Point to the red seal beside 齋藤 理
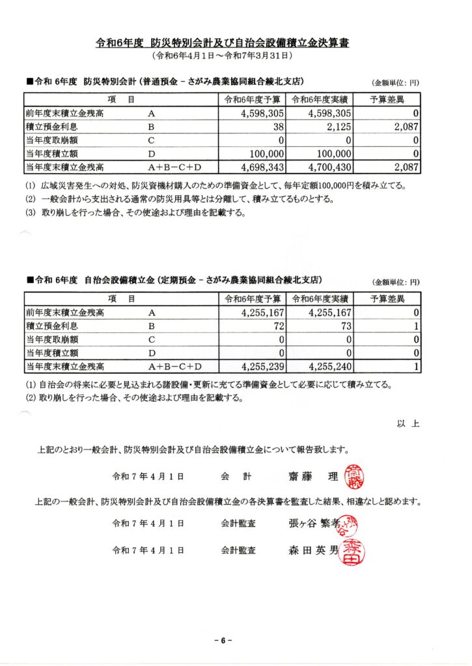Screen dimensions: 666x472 [x=354, y=477]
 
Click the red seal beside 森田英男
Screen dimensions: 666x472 [x=354, y=552]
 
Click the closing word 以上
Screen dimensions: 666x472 [x=408, y=423]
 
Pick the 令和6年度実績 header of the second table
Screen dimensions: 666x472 [x=319, y=299]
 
